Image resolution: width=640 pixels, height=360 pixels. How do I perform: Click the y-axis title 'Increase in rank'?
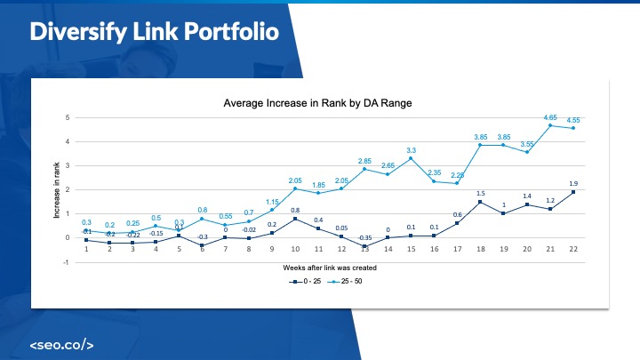(x=56, y=189)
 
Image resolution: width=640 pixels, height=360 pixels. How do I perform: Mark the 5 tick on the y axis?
(x=68, y=117)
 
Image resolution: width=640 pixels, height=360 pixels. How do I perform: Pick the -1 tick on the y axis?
(x=67, y=262)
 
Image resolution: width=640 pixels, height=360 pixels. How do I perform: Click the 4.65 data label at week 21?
(x=551, y=116)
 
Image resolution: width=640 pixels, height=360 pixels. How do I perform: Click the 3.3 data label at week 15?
(x=412, y=149)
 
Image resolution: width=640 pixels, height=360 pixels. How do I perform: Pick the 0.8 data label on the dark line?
(x=295, y=210)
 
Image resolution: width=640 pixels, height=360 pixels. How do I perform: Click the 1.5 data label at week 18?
(x=480, y=193)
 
